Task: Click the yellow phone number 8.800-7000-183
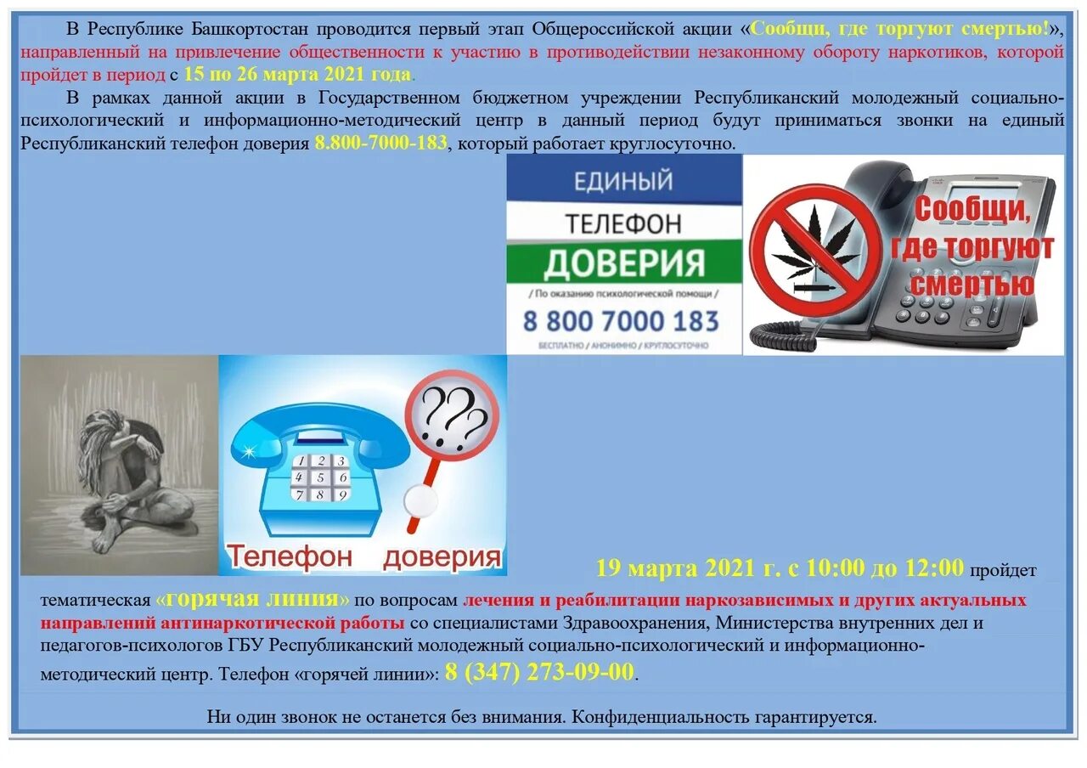[380, 143]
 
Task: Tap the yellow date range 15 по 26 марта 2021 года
[297, 74]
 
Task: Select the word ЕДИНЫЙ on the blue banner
[623, 181]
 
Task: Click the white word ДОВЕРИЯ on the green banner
[624, 263]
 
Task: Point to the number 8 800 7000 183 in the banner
[621, 321]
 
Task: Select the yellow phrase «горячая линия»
[253, 598]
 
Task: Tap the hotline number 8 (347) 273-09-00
[539, 672]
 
